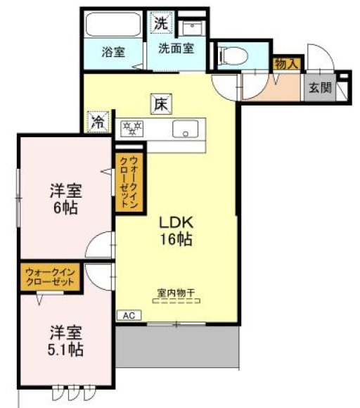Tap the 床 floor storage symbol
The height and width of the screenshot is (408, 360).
(x=160, y=103)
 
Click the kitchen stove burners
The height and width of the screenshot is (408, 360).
(x=132, y=128)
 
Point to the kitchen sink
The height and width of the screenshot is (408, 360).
(x=186, y=129)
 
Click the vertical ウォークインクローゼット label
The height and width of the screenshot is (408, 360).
(x=131, y=183)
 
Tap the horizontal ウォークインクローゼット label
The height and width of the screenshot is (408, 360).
(x=50, y=276)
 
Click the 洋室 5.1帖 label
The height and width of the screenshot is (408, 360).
(x=65, y=340)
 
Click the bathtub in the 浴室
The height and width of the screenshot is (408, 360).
(x=112, y=25)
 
